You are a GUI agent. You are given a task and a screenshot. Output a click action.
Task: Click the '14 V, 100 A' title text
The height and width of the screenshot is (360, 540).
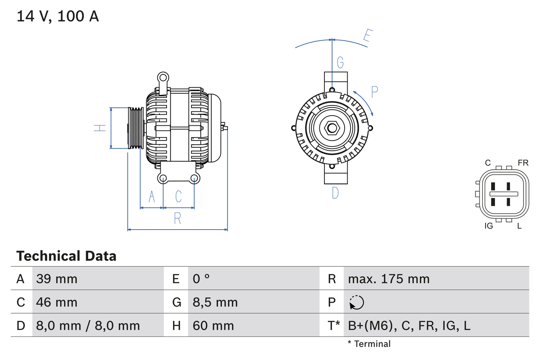tap(58, 16)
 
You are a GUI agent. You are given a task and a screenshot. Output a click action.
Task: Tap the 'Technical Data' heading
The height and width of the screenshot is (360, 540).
tap(66, 256)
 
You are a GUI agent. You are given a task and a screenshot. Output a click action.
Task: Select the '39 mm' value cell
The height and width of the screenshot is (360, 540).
tap(57, 279)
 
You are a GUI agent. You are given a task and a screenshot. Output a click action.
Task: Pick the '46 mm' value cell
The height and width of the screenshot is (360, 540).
tap(57, 302)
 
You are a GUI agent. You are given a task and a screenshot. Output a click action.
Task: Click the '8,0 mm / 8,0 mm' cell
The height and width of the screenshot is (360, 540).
tap(88, 325)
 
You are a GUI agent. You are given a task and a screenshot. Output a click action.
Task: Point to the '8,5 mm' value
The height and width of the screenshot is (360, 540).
tap(215, 302)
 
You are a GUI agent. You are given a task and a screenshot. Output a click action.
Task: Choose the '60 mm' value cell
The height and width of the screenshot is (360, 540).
tap(213, 325)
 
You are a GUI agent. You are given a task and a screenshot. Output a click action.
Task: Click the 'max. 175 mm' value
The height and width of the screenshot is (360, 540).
tap(389, 279)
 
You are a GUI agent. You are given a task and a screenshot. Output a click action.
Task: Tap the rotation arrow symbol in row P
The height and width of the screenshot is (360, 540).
tap(356, 302)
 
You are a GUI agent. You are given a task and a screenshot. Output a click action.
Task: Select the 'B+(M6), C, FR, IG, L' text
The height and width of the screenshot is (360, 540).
tap(409, 325)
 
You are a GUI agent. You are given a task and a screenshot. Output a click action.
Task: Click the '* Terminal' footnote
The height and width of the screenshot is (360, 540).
tap(369, 344)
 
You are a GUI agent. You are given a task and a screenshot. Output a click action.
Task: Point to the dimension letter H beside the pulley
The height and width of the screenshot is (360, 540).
tap(100, 128)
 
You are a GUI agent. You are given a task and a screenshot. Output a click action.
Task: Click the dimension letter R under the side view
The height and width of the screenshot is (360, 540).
tap(178, 218)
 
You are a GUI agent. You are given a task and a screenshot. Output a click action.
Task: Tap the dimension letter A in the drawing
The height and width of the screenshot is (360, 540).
tap(152, 196)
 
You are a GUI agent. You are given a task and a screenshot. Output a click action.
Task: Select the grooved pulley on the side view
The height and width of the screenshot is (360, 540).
tap(136, 128)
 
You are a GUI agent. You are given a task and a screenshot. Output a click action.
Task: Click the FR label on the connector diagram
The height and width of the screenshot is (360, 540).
tap(523, 163)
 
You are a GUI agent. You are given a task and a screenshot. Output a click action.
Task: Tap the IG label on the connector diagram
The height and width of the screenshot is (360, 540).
tap(489, 226)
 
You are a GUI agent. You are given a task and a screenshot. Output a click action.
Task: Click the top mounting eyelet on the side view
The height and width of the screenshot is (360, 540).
tap(163, 77)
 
